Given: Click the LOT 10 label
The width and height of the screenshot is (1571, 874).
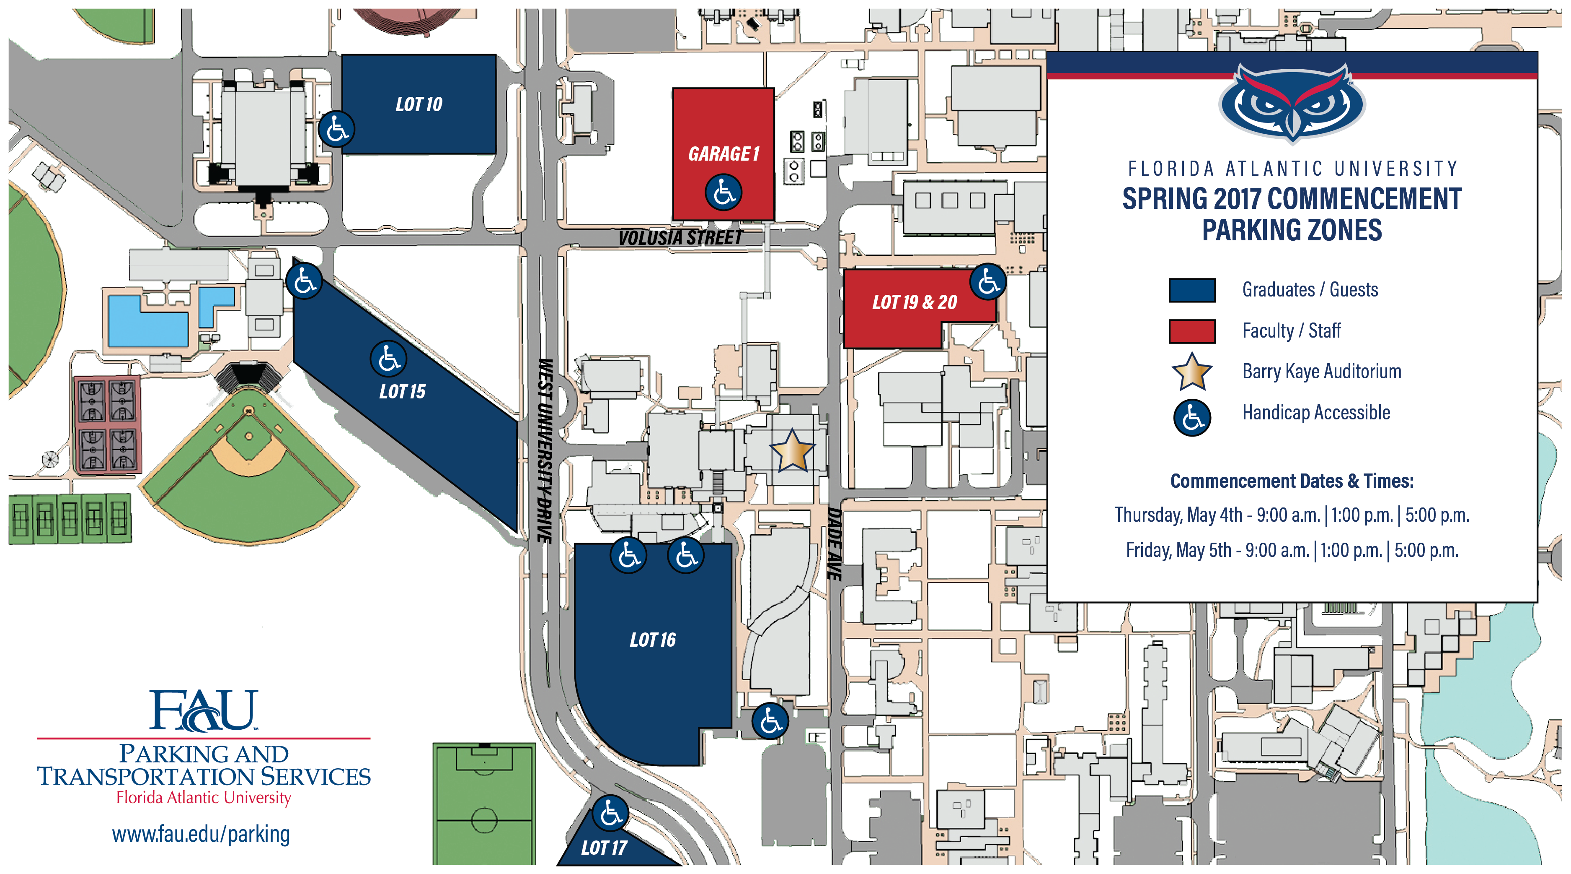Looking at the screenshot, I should [x=419, y=104].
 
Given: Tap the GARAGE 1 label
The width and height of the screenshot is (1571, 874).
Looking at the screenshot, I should [x=723, y=154].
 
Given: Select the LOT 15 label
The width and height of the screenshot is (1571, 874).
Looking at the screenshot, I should [x=402, y=392].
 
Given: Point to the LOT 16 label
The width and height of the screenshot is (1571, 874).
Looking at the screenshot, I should [x=653, y=640].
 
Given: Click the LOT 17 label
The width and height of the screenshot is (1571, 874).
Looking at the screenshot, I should [x=604, y=848].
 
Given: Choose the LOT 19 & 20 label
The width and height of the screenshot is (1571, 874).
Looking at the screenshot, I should [x=914, y=302].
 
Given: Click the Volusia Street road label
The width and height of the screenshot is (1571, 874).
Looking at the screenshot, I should [x=680, y=237].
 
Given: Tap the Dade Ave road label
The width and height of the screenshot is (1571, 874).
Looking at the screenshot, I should [x=834, y=543].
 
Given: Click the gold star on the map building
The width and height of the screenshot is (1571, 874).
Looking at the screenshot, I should [x=792, y=451].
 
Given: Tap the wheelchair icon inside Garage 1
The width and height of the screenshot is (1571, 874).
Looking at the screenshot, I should [x=723, y=193].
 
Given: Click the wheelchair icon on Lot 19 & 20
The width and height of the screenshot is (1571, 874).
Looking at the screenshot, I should [x=988, y=282].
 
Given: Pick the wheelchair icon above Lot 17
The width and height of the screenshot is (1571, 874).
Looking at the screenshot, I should [x=610, y=813].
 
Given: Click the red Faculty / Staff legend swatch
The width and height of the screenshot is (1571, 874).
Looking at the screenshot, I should [x=1192, y=331].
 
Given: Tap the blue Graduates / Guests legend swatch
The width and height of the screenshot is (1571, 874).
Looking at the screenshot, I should [x=1192, y=290].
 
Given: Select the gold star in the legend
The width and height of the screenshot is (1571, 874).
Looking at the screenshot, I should [x=1192, y=372].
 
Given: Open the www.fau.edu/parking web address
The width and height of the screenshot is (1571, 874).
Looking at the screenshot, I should [x=201, y=834].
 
